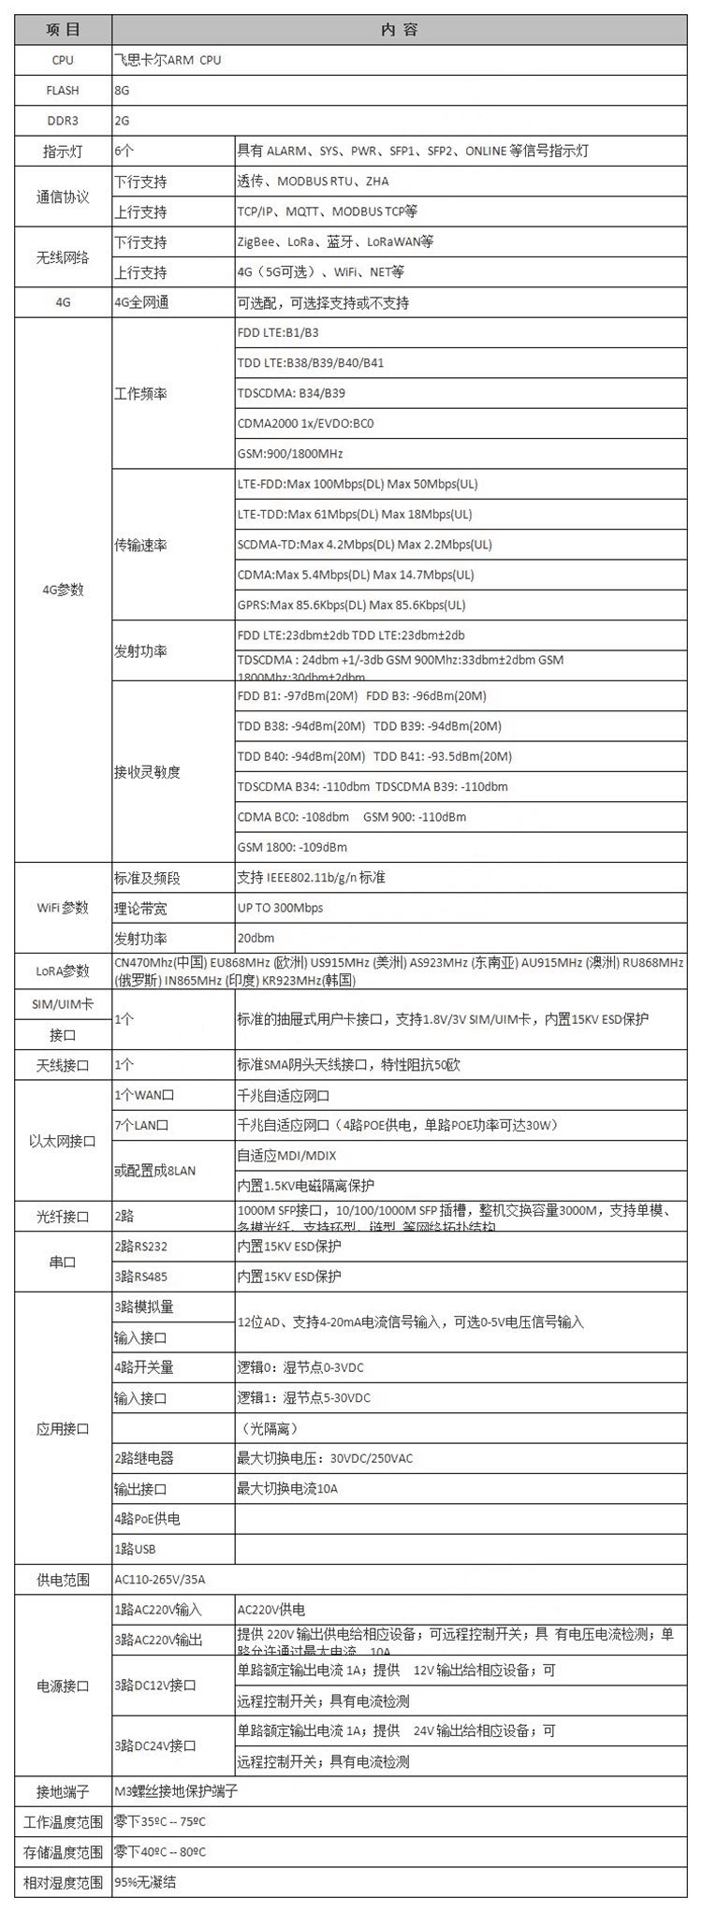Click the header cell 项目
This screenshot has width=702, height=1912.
coord(63,29)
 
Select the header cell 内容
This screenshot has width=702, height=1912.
coord(399,29)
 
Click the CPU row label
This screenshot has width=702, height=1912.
coord(63,60)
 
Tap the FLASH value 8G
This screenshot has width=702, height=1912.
coord(122,91)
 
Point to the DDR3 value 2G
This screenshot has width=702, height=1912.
coord(122,121)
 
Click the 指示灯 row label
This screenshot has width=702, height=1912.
coord(63,151)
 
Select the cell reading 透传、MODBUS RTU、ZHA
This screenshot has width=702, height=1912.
coord(313,182)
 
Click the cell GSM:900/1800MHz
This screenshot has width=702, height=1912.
coord(290,454)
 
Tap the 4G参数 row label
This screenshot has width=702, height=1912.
coord(63,590)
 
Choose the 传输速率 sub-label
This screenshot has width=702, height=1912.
coord(140,545)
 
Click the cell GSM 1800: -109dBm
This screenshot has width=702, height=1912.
coord(292,847)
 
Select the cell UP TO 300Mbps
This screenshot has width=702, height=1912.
coord(280,908)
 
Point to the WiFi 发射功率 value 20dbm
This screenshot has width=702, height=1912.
coord(256,938)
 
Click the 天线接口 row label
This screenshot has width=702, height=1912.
coord(63,1065)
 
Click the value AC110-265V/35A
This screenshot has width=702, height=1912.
coord(159,1580)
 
